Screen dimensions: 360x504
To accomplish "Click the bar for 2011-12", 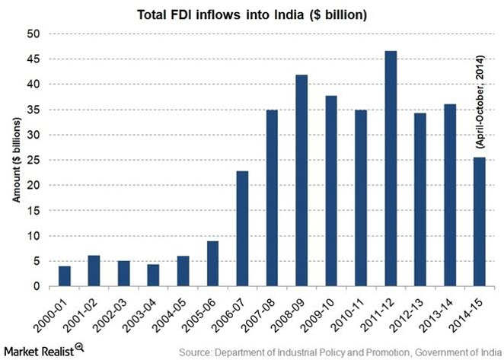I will [391, 169].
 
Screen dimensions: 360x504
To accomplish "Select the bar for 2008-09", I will [301, 181].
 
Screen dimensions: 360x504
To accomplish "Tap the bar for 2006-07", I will [243, 229].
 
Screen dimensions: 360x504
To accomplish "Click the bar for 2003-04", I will [154, 276].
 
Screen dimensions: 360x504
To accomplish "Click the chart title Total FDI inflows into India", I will [250, 14].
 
